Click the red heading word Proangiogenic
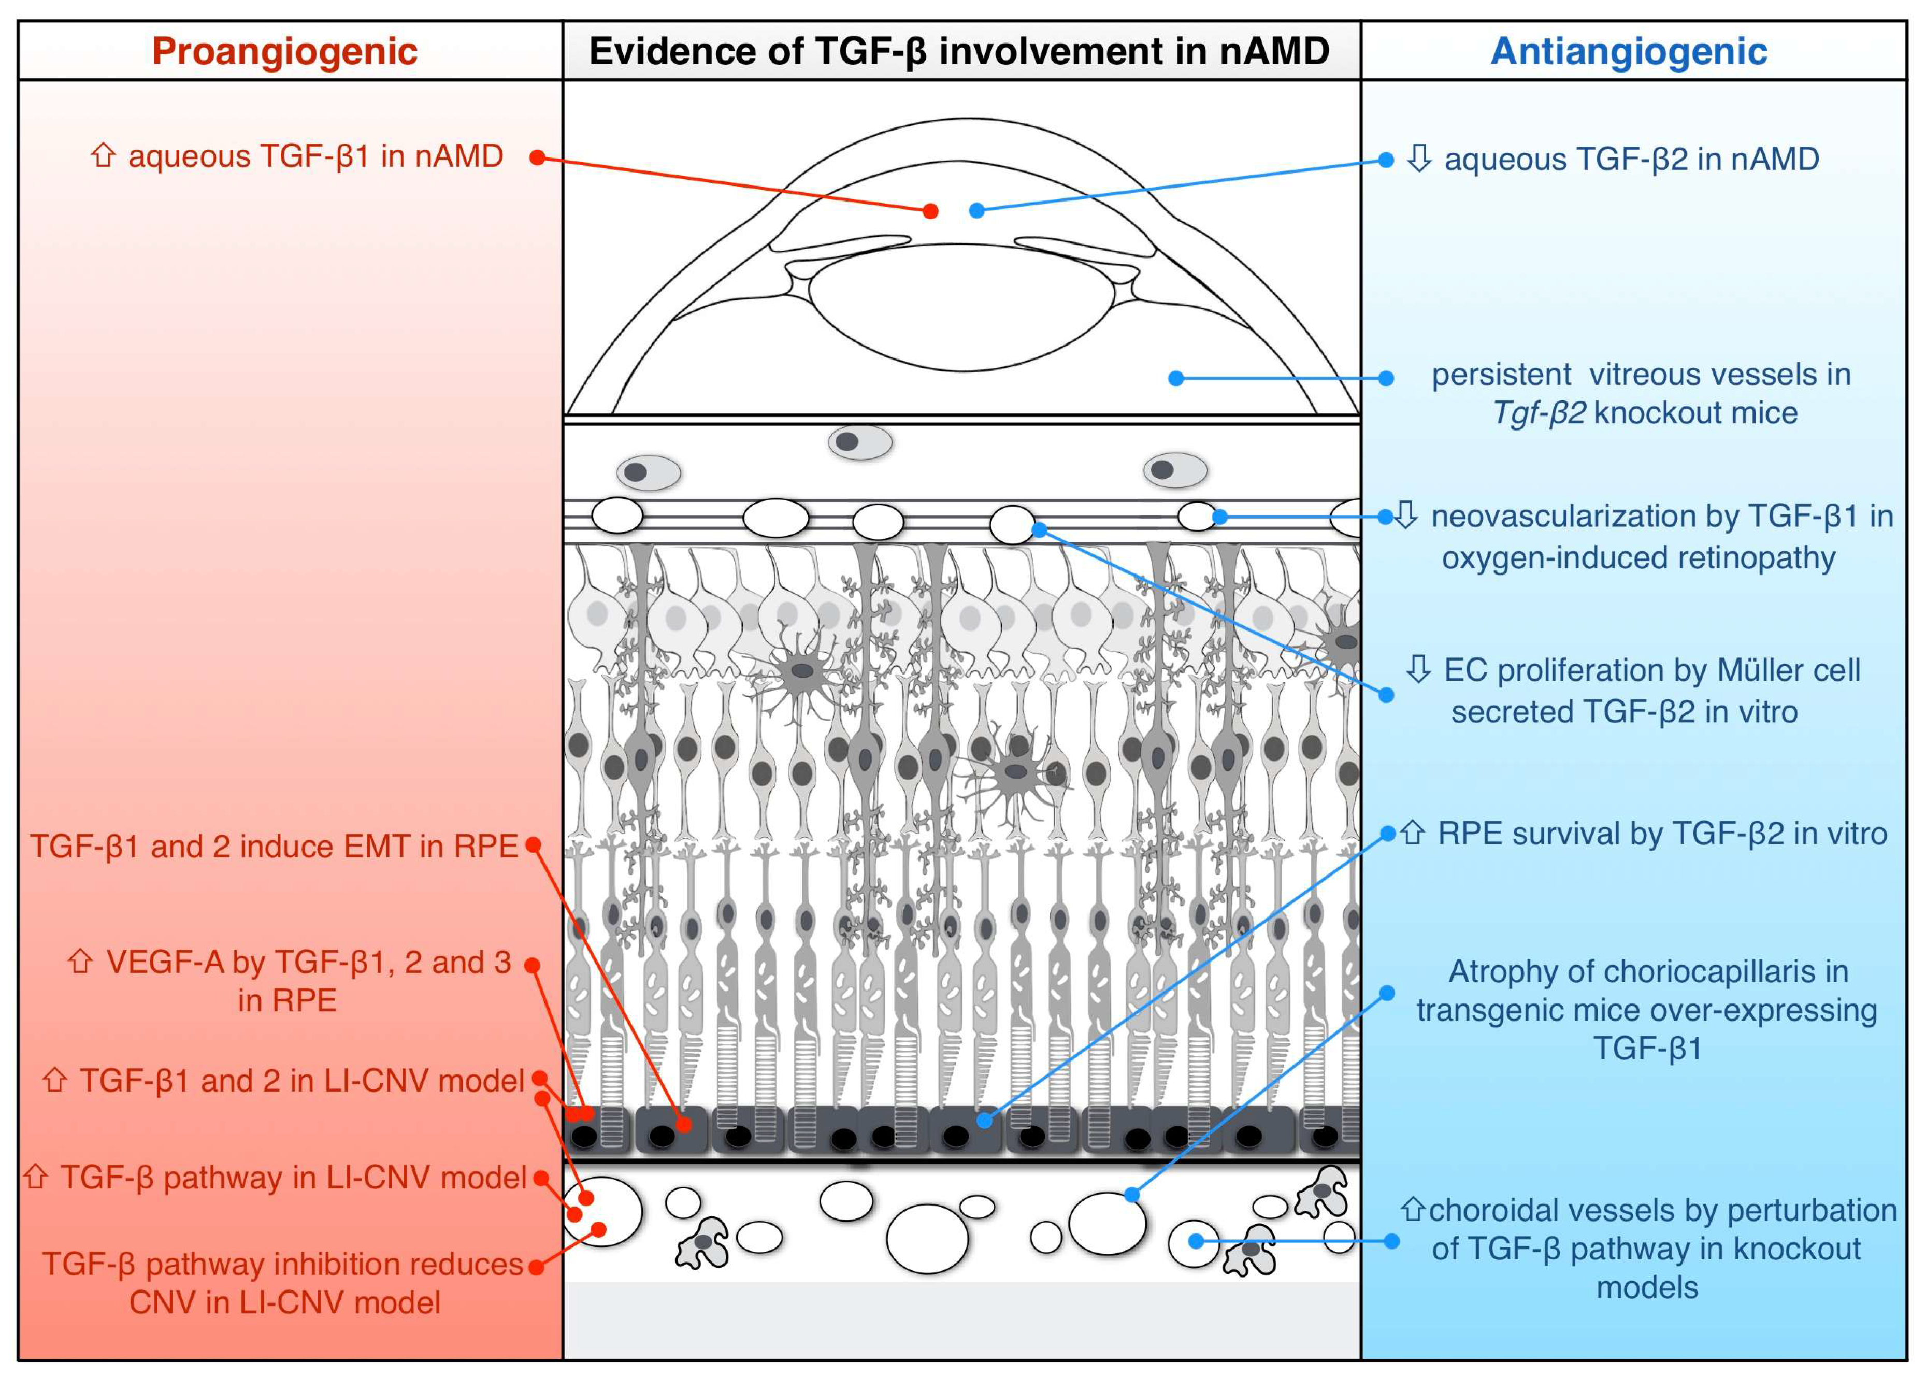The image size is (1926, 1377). click(285, 52)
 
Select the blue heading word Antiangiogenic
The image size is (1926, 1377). click(1629, 52)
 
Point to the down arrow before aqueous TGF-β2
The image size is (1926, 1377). click(1419, 159)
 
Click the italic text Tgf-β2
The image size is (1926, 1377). click(1539, 413)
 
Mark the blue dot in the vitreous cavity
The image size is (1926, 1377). click(1176, 378)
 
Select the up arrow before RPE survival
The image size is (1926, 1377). click(1412, 834)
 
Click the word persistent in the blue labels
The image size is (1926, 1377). click(1501, 375)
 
